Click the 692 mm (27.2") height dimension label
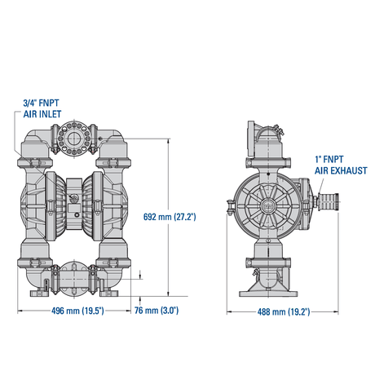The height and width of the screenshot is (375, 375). [170, 217]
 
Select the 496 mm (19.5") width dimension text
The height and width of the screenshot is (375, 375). [77, 311]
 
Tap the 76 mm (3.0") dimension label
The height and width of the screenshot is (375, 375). [157, 311]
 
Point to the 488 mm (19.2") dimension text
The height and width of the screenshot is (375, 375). [284, 311]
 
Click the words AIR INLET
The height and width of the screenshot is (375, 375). [42, 114]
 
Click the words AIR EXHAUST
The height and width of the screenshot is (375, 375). [341, 170]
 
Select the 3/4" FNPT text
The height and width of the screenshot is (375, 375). [41, 104]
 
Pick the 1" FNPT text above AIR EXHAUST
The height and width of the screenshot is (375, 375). [329, 160]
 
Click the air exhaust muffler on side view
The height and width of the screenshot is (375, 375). [328, 201]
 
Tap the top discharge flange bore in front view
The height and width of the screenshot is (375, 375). [73, 139]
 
